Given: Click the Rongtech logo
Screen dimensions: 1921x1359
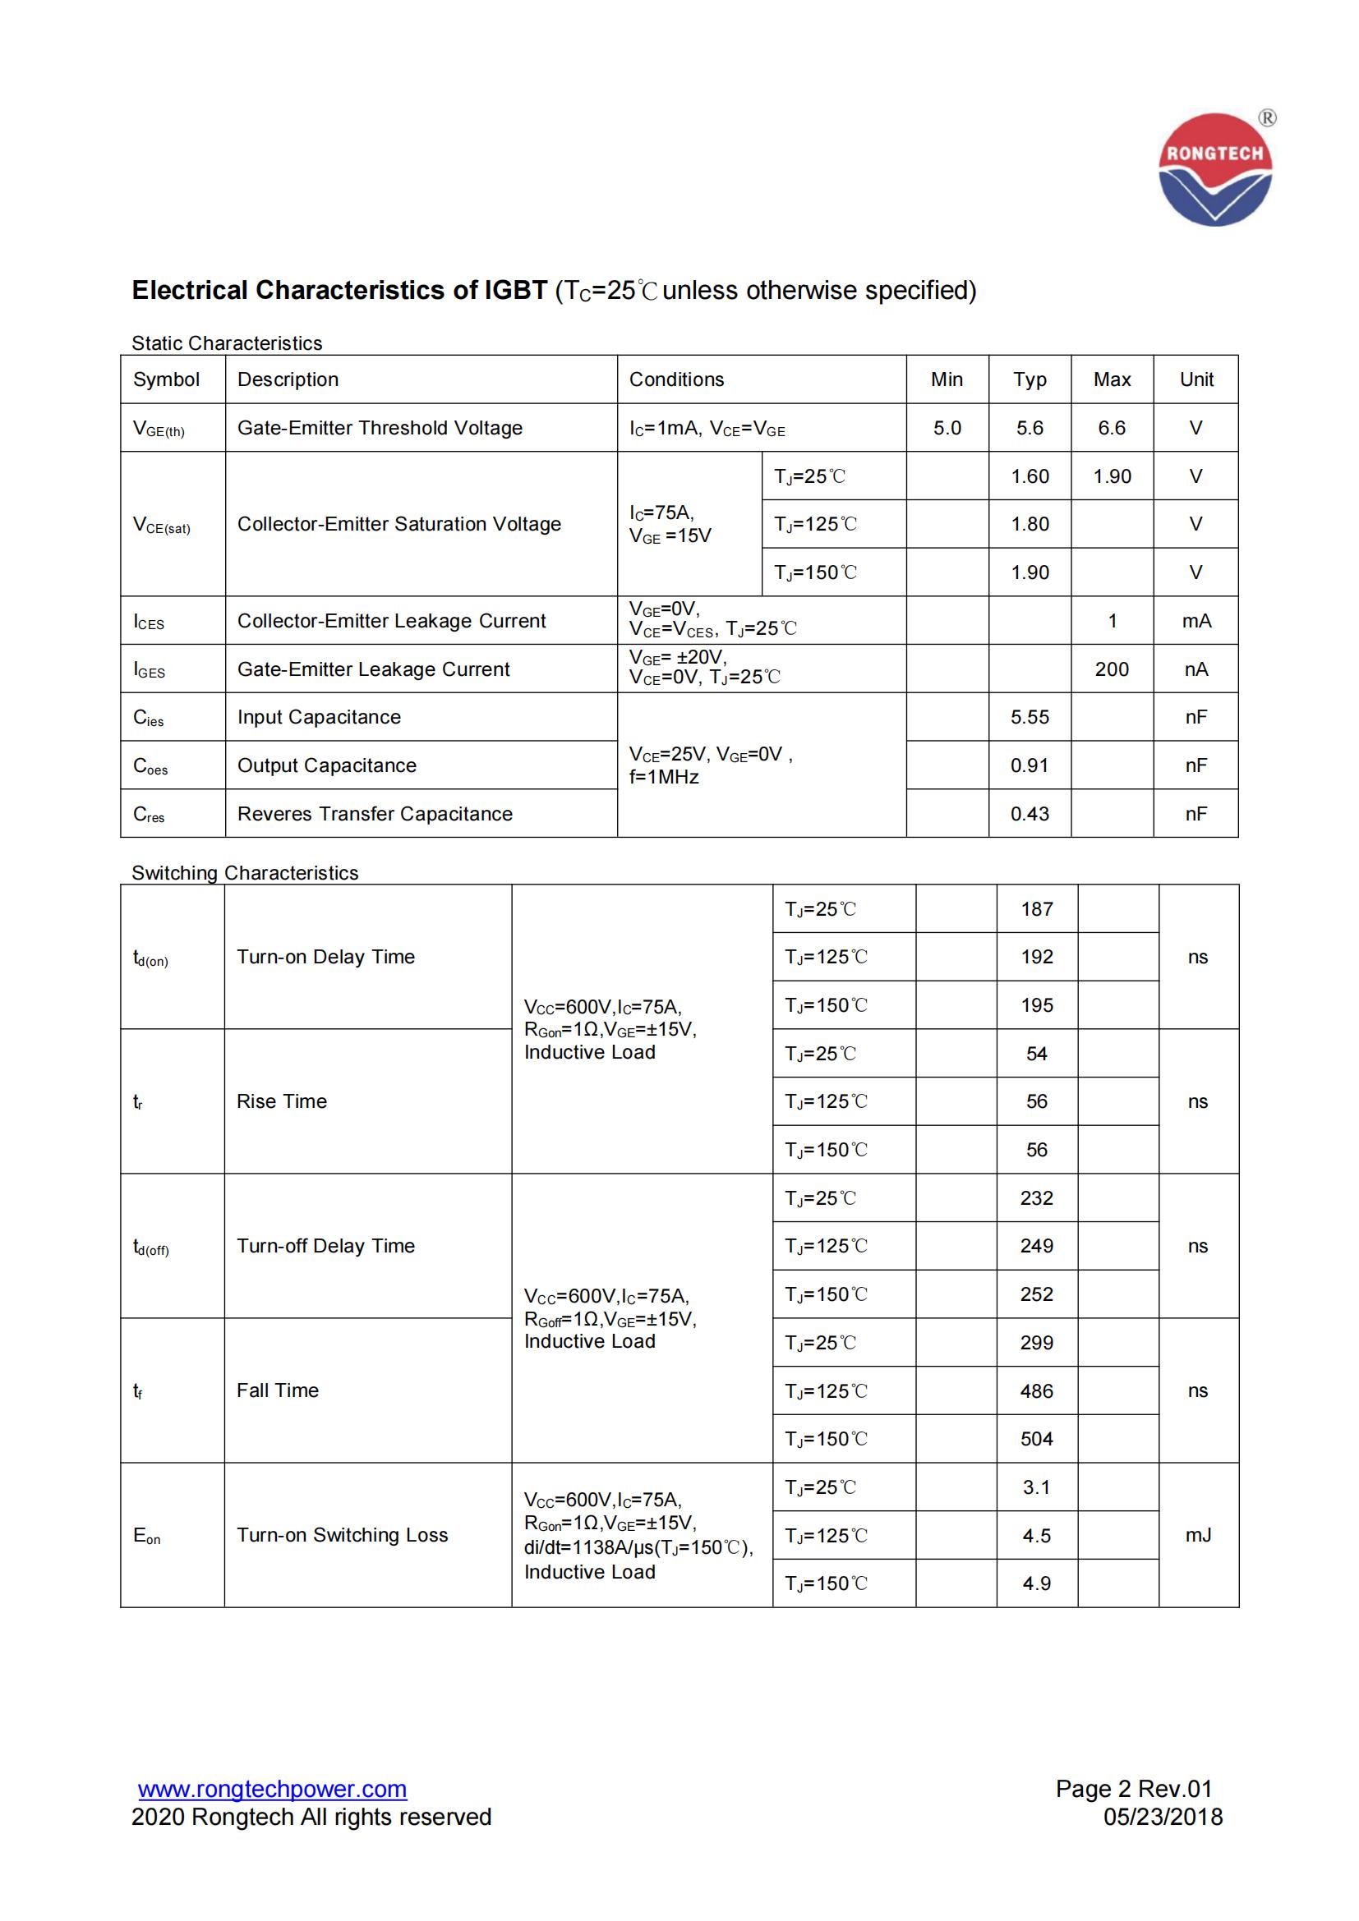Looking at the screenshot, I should click(x=1215, y=170).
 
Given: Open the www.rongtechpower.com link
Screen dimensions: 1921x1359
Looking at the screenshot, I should click(x=272, y=1789).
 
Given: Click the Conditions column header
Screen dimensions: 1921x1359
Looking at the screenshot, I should click(x=676, y=380).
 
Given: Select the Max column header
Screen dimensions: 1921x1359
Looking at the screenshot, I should click(x=1112, y=380).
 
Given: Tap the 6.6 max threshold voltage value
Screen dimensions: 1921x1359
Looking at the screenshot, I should click(x=1112, y=429).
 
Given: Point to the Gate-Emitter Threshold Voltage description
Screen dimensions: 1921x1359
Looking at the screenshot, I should click(x=379, y=429).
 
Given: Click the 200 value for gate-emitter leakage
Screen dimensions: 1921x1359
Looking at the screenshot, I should click(x=1112, y=669).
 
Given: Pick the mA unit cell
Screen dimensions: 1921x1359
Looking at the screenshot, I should click(x=1195, y=621).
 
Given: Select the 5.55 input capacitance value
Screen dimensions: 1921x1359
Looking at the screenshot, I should click(x=1030, y=717).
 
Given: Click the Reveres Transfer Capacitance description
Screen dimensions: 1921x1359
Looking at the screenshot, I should click(x=375, y=814).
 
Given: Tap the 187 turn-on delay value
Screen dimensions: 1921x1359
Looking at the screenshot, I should click(x=1036, y=909).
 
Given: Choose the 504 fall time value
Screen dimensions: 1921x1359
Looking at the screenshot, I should click(x=1036, y=1439).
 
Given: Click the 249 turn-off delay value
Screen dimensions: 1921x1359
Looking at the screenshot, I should click(x=1036, y=1246).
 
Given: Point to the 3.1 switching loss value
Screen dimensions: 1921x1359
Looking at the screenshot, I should click(x=1036, y=1487).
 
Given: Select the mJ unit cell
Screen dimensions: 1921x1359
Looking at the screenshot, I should click(x=1197, y=1535).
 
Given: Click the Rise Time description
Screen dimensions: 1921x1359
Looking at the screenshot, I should click(x=281, y=1102).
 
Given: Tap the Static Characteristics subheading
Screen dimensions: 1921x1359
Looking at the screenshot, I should click(x=227, y=343).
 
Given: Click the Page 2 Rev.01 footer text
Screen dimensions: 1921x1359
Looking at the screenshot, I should click(x=1133, y=1789).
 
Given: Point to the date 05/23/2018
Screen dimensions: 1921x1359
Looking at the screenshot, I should click(x=1163, y=1818).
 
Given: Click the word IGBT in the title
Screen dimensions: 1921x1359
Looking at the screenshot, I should click(x=515, y=290).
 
